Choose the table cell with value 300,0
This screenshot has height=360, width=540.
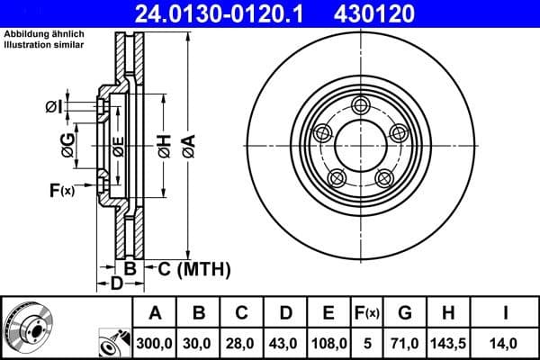[155, 343]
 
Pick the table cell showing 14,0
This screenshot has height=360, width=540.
[506, 343]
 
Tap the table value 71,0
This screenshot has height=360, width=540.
[404, 343]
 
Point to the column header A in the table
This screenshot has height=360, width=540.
[155, 314]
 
